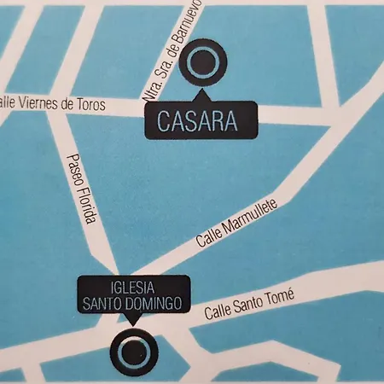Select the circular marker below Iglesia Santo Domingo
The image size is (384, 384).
pyautogui.click(x=131, y=350)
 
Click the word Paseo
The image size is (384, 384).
pyautogui.click(x=73, y=168)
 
